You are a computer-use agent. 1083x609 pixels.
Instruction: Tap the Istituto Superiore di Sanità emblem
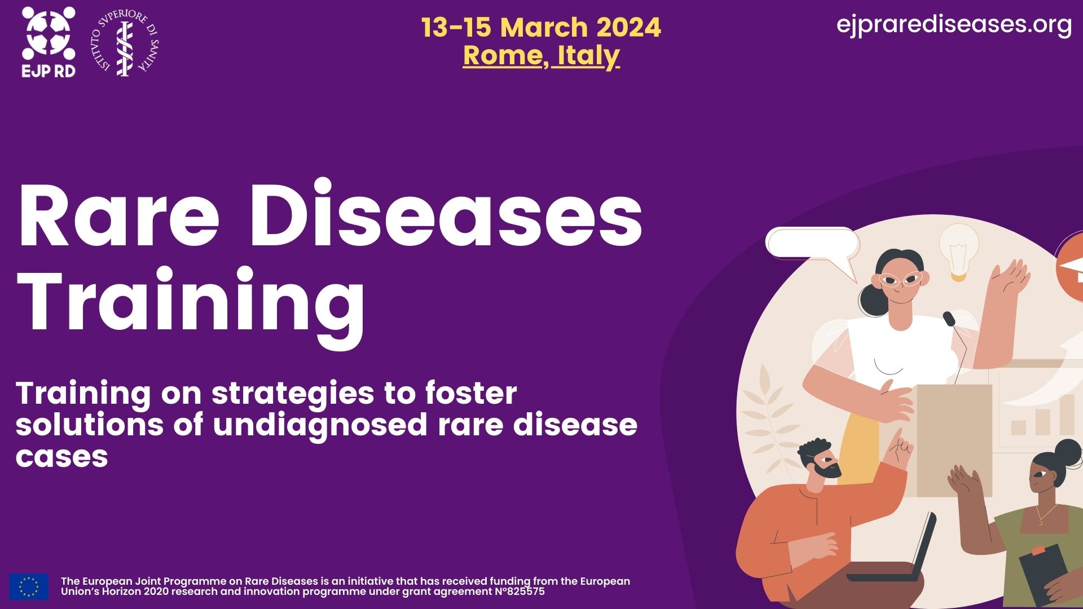(x=125, y=43)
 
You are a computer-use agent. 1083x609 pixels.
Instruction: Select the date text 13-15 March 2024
(x=541, y=27)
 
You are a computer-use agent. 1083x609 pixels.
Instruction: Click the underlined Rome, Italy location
(x=541, y=55)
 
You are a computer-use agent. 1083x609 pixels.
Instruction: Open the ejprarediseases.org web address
(x=954, y=25)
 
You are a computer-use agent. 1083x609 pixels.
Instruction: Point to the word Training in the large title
(x=192, y=302)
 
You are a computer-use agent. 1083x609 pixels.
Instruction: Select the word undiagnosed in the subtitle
(x=320, y=425)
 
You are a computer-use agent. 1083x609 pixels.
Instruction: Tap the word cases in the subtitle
(x=62, y=456)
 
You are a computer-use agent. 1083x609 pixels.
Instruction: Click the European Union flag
(x=29, y=586)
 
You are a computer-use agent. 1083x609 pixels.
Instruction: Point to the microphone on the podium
(x=949, y=319)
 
